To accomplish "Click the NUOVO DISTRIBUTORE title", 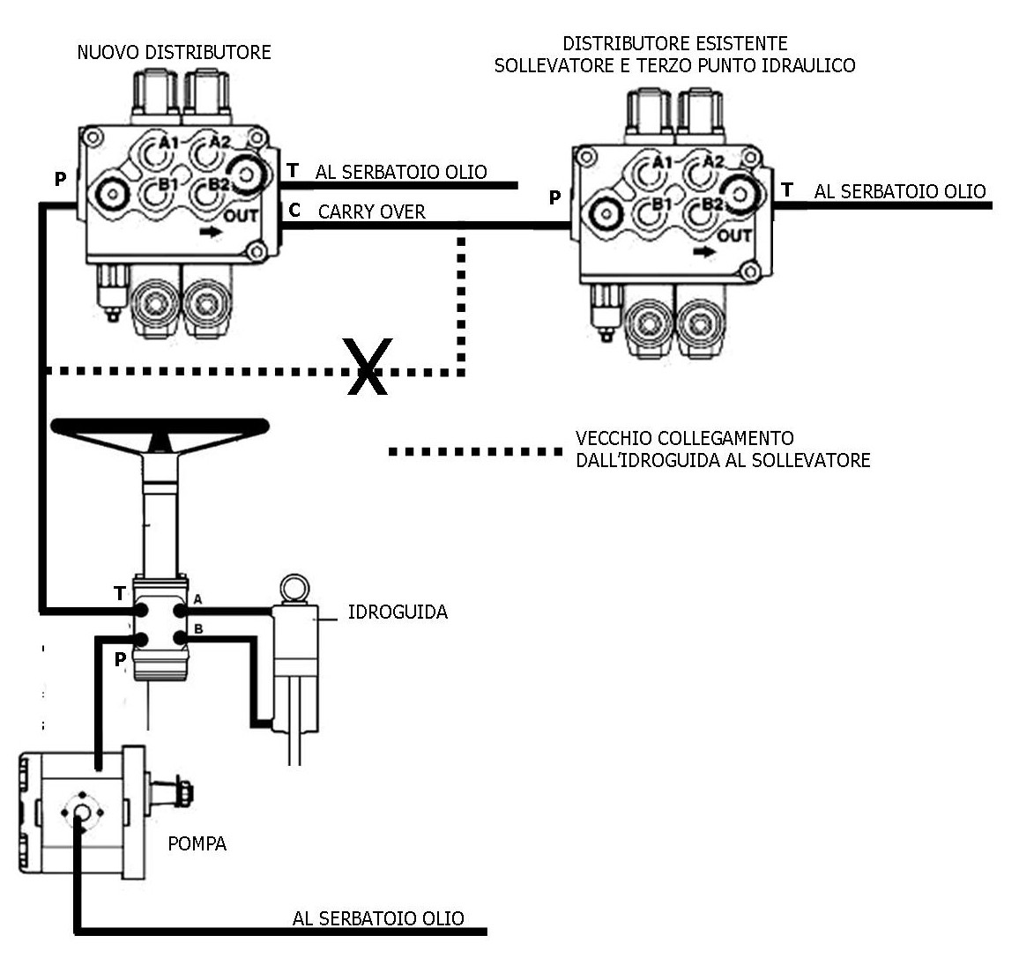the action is click(174, 52).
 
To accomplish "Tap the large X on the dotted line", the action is click(368, 366).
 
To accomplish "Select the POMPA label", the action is click(197, 843).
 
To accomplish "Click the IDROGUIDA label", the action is click(398, 612).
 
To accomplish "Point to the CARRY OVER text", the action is click(372, 212).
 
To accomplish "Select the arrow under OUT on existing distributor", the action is click(704, 251).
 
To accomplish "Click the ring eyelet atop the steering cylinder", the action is click(293, 589).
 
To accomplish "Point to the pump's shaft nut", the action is click(184, 793).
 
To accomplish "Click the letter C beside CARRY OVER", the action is click(294, 210).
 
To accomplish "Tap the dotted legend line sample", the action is click(476, 451).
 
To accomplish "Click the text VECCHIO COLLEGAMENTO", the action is click(684, 437).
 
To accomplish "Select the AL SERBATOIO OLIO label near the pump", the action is click(378, 917).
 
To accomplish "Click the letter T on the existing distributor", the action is click(787, 189).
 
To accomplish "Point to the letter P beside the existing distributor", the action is click(554, 197).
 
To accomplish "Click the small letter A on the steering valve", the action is click(198, 599).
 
